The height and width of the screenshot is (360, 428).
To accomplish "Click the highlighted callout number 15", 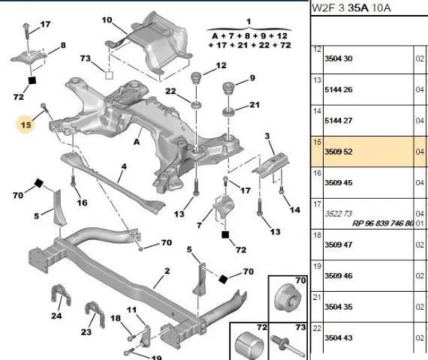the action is point(26,125).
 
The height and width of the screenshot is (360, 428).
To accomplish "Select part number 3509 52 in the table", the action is point(338,151).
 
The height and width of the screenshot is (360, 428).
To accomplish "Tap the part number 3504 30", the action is point(338,58).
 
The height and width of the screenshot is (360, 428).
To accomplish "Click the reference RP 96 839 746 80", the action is point(383,223).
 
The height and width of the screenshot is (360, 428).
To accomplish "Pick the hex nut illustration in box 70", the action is point(288,301).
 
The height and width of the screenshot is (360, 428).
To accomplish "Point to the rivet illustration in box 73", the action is point(288,346).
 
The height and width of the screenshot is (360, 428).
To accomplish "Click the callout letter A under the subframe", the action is point(137,142).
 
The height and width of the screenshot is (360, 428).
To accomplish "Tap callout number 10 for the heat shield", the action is point(107,20).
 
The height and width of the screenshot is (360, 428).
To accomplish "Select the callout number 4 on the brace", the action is point(124,166).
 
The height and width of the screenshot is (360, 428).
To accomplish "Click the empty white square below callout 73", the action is point(109,75).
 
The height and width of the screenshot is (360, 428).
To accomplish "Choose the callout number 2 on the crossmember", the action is point(167,271).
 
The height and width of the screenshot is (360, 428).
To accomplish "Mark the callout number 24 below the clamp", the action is point(56,316).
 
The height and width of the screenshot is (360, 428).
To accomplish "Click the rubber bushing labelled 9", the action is point(229,88).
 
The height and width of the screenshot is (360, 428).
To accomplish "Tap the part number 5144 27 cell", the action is point(338,121).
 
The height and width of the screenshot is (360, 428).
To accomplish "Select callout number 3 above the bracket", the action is point(267,136).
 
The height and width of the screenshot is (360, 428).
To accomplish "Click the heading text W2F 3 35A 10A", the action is point(351,8).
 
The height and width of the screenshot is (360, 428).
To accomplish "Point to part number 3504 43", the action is point(338,337).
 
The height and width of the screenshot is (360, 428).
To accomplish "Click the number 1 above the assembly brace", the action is point(249,21).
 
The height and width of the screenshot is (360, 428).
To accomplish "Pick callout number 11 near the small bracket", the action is point(131,310).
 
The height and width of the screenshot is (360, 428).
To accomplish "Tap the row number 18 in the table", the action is point(317,235).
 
